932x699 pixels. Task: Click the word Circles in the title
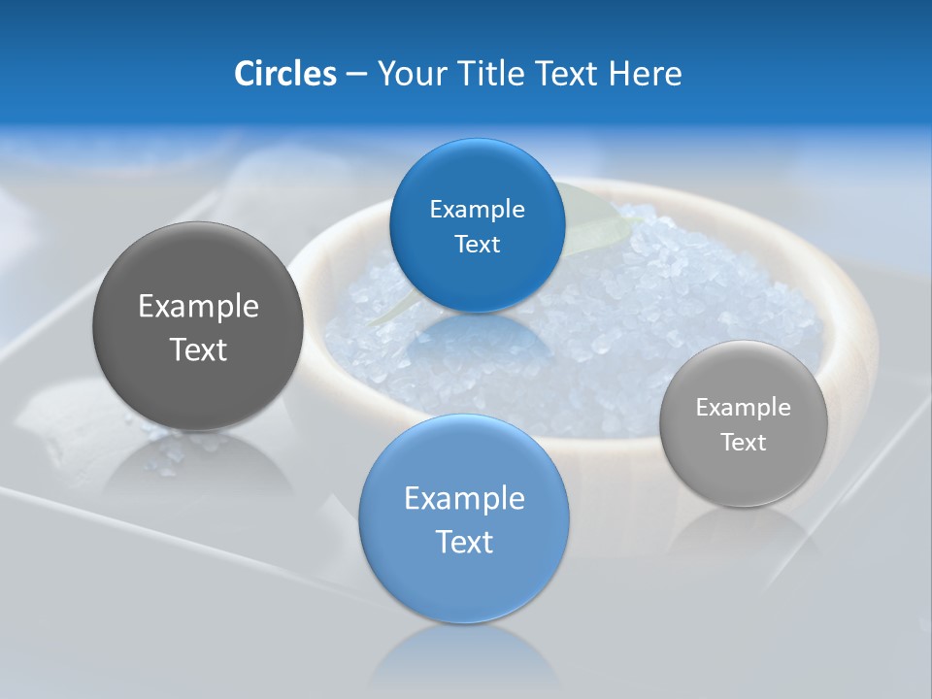284,74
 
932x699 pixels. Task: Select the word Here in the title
646,74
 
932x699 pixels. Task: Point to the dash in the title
356,75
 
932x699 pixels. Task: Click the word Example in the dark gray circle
198,307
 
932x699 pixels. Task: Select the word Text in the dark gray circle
198,349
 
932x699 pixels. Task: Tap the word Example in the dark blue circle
477,210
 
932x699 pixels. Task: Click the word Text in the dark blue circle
477,245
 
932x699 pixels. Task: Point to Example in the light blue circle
464,499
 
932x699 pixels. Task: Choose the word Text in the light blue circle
464,542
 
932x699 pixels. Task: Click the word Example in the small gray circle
743,408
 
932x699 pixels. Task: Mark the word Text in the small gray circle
743,443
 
